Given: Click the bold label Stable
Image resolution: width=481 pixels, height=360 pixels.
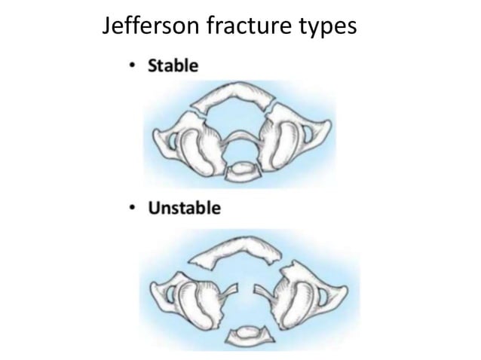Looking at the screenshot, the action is (173, 66).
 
